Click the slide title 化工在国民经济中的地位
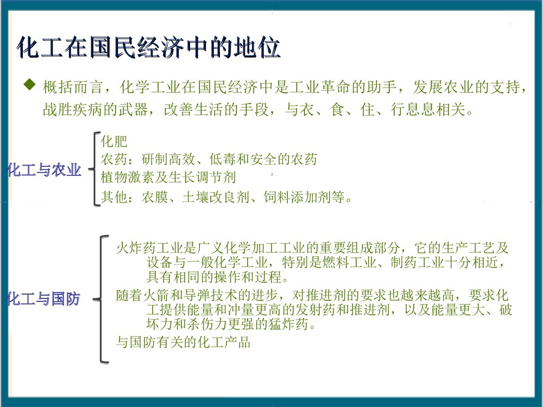point(149,48)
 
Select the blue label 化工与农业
point(44,170)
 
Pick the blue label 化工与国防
point(43,298)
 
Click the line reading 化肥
point(114,142)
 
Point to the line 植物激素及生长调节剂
point(168,177)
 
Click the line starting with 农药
point(209,160)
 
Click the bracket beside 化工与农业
point(96,169)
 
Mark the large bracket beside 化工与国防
point(102,298)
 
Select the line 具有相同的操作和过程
point(217,277)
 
